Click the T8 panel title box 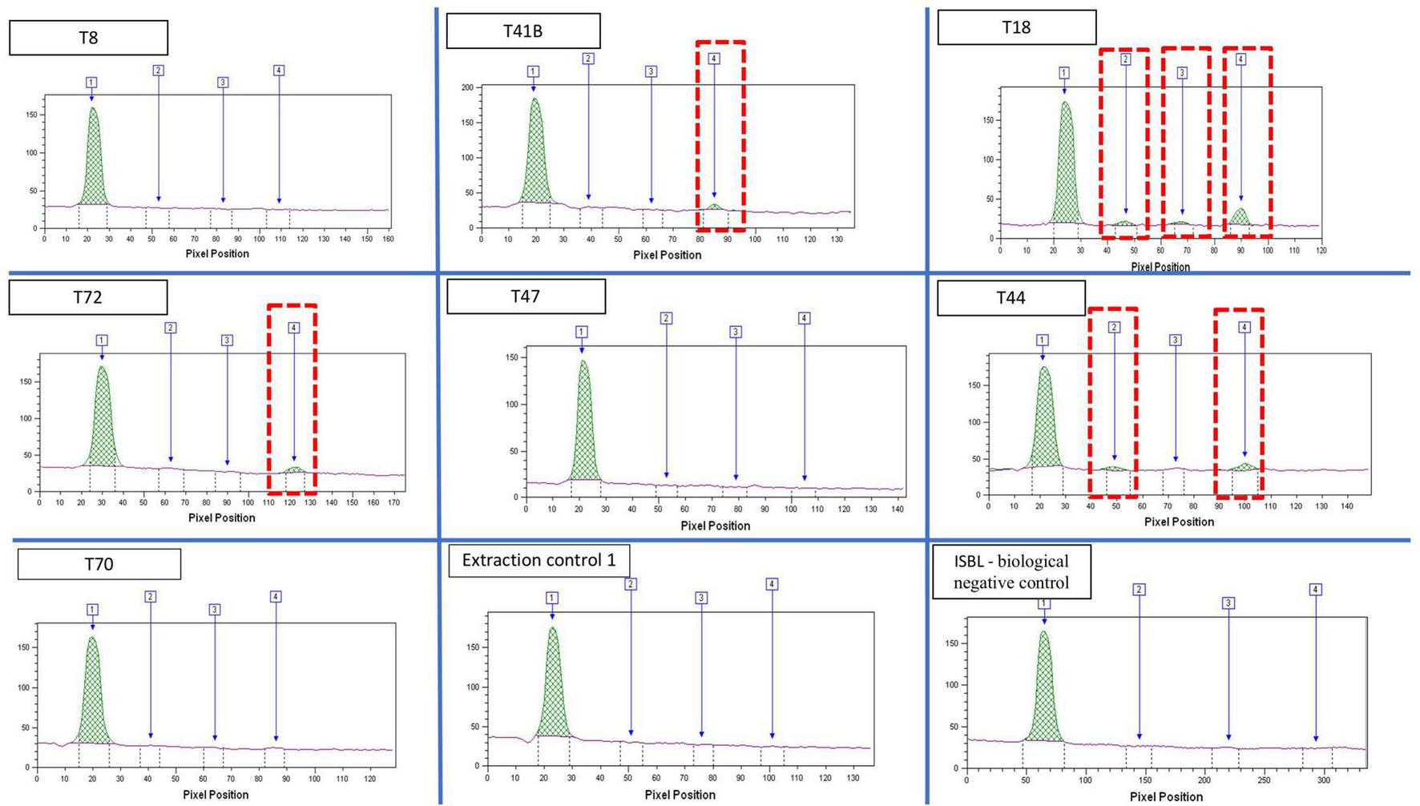[x=88, y=38]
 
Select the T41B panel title [x=522, y=31]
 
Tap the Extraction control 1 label [x=539, y=560]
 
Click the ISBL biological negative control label [x=1011, y=572]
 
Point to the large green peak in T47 [x=584, y=433]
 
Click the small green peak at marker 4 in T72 [x=294, y=469]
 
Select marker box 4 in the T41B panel [x=714, y=58]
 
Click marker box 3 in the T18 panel [x=1182, y=73]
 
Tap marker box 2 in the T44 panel [x=1114, y=327]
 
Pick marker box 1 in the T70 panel [x=93, y=610]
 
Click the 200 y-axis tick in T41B [x=467, y=87]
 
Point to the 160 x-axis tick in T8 [x=388, y=239]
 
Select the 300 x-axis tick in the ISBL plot [x=1324, y=780]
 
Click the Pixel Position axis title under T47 [x=715, y=526]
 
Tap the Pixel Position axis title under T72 [x=222, y=518]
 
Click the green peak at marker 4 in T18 [x=1240, y=217]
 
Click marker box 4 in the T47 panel [x=805, y=318]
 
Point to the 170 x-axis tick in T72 [x=393, y=502]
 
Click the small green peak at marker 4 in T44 [x=1245, y=466]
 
